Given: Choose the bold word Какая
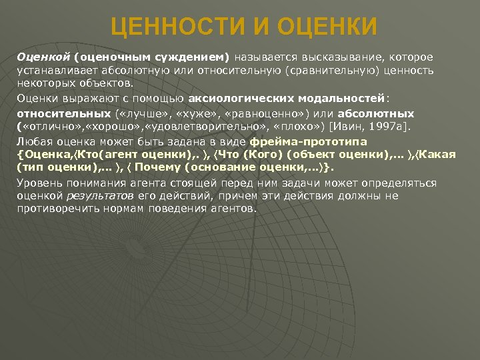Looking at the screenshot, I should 441,155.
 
